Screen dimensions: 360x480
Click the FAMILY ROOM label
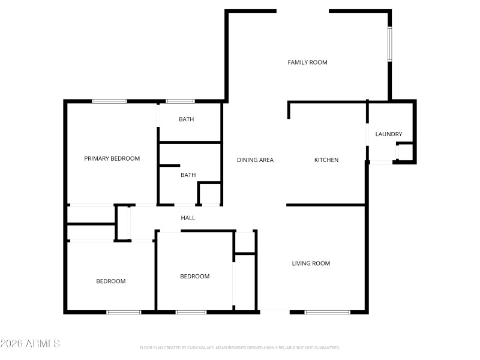tap(307, 62)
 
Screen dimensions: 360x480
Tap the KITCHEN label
tap(326, 160)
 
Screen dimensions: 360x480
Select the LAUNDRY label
tap(388, 134)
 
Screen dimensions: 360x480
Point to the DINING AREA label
tap(255, 160)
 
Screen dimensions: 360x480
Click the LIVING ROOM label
tap(311, 263)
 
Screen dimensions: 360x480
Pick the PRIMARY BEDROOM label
tap(112, 159)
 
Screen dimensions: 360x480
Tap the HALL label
tap(188, 218)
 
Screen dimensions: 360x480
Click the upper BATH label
tap(186, 119)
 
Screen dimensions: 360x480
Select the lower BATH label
tap(188, 175)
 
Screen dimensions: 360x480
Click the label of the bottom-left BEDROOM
tap(111, 281)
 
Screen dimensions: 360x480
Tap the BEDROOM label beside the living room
tap(195, 277)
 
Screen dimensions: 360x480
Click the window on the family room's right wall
tap(389, 43)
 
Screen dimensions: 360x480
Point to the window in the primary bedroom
tap(109, 101)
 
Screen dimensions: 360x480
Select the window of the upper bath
tap(180, 101)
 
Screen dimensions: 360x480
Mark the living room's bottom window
tap(327, 312)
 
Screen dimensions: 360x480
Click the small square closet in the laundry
tap(405, 152)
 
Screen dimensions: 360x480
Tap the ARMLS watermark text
tap(30, 344)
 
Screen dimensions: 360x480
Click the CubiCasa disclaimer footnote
tap(240, 348)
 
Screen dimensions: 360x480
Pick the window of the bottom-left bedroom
tap(124, 312)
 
